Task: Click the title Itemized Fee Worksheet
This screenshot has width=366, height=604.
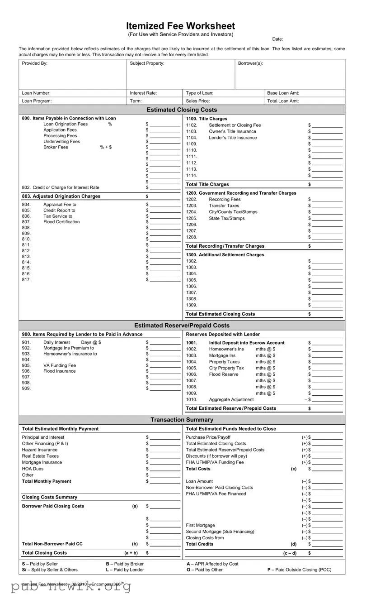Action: click(x=180, y=26)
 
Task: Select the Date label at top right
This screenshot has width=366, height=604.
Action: click(x=277, y=39)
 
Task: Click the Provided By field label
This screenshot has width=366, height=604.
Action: click(x=35, y=63)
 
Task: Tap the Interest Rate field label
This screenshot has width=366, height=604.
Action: click(x=143, y=93)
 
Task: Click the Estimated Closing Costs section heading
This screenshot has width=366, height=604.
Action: click(x=182, y=110)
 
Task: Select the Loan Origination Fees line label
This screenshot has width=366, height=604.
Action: click(x=66, y=124)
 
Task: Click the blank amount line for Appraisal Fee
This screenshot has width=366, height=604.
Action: click(x=165, y=205)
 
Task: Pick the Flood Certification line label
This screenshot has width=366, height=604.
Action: click(x=61, y=222)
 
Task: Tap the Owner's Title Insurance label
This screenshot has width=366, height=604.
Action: click(x=232, y=131)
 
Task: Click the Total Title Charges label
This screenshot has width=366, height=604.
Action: click(x=207, y=184)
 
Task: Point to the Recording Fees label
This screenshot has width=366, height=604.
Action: click(x=225, y=199)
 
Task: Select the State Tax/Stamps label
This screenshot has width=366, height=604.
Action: click(x=226, y=218)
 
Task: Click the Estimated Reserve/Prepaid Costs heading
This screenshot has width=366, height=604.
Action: click(x=182, y=326)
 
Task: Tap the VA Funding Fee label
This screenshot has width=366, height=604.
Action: click(x=60, y=365)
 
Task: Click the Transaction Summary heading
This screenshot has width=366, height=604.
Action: click(x=182, y=420)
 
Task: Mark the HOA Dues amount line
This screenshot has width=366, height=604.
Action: click(x=165, y=469)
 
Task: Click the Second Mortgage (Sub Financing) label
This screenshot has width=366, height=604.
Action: click(x=220, y=532)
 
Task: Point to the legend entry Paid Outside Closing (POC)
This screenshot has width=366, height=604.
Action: click(x=299, y=570)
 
